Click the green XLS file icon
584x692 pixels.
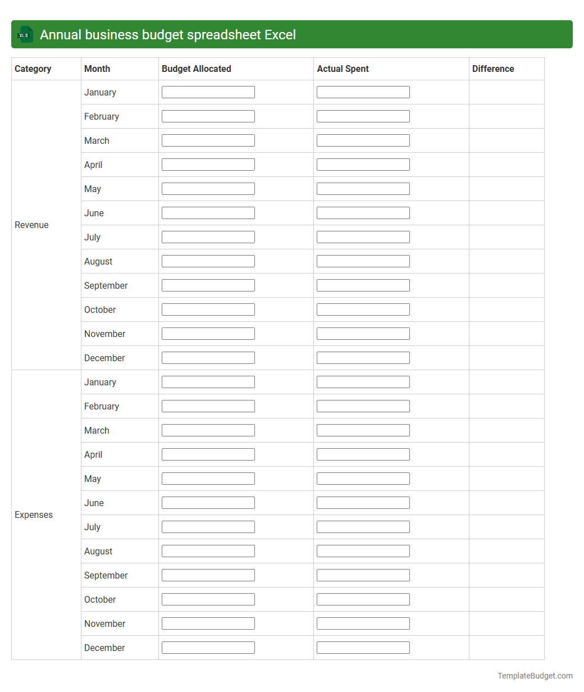25,34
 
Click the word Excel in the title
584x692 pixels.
280,35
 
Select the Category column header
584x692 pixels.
33,69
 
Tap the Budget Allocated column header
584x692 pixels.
197,69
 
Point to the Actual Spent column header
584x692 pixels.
343,69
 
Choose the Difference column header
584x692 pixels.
493,69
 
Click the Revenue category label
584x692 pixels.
31,225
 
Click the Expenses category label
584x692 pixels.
34,515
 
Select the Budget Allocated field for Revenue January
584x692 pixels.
208,92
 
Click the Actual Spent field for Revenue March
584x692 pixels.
363,140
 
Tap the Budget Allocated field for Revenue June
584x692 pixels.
208,213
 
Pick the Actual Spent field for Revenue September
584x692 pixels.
363,285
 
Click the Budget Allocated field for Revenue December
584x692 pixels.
208,358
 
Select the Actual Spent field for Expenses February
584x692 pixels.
363,406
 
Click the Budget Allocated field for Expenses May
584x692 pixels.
208,479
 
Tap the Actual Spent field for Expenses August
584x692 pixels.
363,551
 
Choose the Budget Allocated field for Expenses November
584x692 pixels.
208,623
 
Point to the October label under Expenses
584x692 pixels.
100,599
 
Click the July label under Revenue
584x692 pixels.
92,237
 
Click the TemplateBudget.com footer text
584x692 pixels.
535,676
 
